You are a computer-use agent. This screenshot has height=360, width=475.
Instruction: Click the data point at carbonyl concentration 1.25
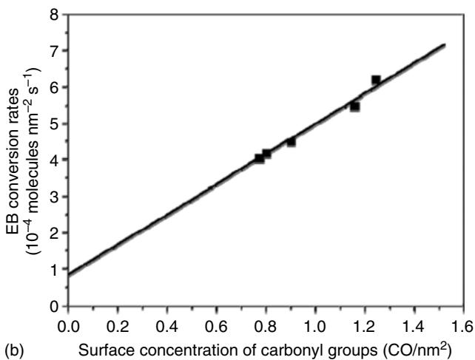tap(376, 80)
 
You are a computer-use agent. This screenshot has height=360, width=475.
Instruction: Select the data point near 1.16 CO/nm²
tap(354, 106)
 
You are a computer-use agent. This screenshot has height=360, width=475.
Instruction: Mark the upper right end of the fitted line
tap(444, 45)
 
